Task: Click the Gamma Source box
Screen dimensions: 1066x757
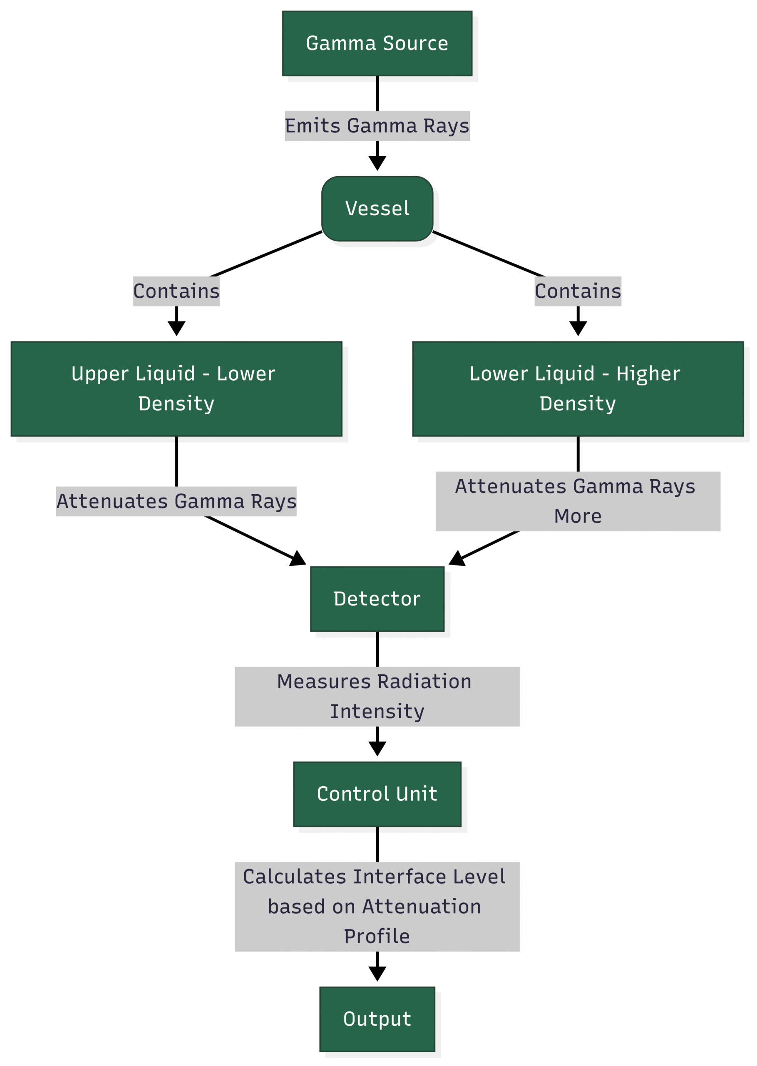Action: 377,43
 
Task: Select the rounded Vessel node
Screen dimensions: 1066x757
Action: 377,209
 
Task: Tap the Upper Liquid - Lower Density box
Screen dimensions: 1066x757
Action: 176,389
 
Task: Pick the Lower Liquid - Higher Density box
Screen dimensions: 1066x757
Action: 578,389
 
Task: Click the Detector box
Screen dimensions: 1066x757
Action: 377,599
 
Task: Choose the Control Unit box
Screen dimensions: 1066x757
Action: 377,794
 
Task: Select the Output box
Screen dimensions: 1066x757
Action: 377,1019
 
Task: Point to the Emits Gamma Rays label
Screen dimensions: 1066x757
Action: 377,126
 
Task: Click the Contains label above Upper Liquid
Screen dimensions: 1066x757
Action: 176,291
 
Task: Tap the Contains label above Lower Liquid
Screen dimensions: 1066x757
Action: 578,291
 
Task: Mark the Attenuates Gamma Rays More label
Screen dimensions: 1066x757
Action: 578,501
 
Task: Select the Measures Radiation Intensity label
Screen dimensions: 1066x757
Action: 377,697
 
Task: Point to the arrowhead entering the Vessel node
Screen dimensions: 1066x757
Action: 377,163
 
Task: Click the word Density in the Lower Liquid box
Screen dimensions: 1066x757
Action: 578,404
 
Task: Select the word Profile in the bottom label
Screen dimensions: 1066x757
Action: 377,936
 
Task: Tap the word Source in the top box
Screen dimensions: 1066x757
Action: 415,43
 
